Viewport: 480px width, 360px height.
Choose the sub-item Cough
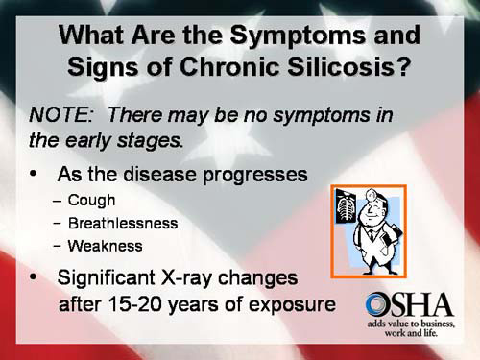tap(92, 201)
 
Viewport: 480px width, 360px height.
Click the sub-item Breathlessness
tap(123, 223)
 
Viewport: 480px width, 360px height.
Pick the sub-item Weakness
tap(106, 245)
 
